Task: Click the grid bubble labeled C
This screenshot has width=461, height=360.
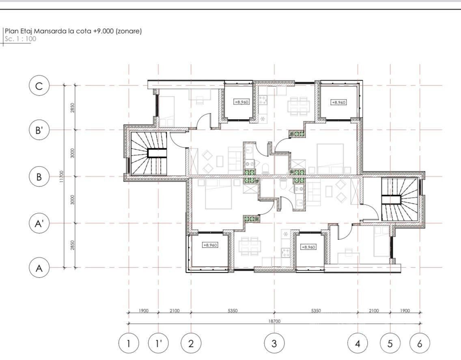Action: (x=39, y=86)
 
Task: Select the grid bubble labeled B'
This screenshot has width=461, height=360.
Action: (x=39, y=130)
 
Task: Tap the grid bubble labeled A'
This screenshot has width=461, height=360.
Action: (x=39, y=223)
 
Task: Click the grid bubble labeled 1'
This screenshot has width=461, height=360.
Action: (x=158, y=343)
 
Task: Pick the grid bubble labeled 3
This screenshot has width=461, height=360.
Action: (x=274, y=343)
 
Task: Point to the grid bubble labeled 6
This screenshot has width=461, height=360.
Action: (x=420, y=343)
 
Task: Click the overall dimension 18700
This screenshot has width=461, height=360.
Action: (x=274, y=321)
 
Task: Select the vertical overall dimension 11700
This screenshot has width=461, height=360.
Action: (x=61, y=177)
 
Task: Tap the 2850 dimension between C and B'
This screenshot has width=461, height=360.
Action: (x=72, y=107)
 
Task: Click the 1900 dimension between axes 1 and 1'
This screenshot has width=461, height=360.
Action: (x=144, y=311)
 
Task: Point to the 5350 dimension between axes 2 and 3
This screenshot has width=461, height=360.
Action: (x=233, y=311)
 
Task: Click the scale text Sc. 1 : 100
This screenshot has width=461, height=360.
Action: (x=20, y=39)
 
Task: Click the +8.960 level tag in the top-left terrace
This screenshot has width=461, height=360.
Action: (x=241, y=102)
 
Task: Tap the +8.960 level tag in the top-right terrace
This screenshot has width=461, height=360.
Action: (x=338, y=102)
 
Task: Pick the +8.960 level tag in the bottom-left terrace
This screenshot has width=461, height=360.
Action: (x=210, y=245)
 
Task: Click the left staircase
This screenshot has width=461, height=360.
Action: (x=149, y=153)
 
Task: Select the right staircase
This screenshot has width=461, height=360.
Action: (x=400, y=199)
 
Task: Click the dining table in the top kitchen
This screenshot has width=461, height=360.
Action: (x=298, y=106)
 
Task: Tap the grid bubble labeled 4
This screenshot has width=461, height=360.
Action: (x=358, y=343)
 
